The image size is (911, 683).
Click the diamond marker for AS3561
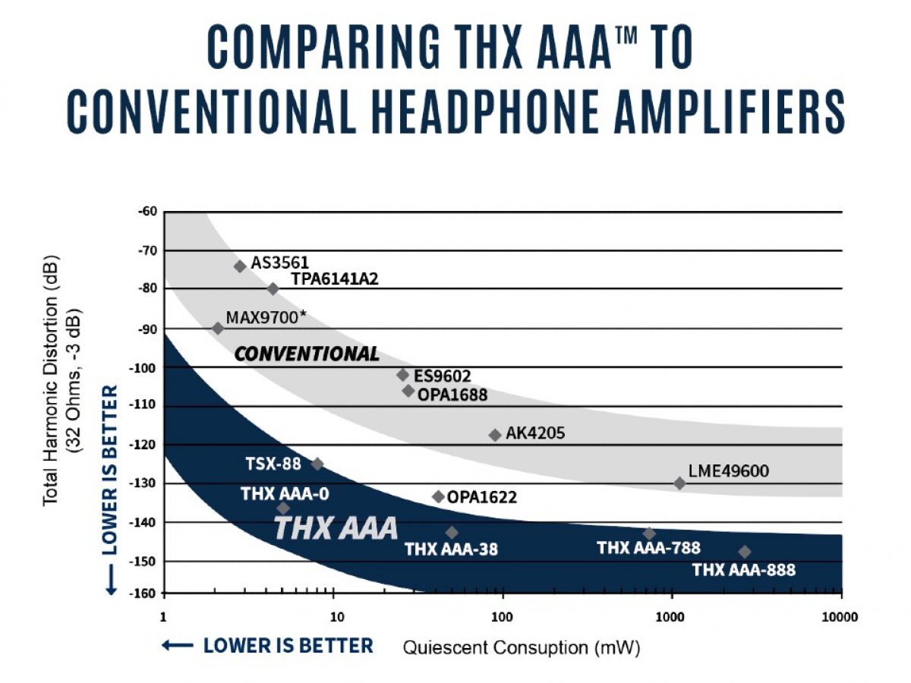click(241, 266)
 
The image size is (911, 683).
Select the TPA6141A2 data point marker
click(273, 288)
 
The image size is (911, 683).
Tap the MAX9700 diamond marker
click(218, 329)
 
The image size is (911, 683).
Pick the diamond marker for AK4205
click(495, 435)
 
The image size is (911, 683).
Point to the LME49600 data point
click(679, 483)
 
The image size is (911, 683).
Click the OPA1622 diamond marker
click(439, 496)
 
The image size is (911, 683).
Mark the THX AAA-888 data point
click(745, 552)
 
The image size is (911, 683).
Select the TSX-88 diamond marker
click(317, 464)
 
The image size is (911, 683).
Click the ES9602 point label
click(443, 376)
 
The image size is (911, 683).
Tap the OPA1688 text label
click(452, 395)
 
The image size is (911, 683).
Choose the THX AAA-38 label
click(452, 549)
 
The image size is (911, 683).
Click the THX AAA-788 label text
click(649, 548)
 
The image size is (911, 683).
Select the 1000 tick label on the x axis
click(670, 618)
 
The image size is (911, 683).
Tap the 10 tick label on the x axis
click(337, 618)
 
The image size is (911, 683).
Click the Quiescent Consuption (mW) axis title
click(522, 647)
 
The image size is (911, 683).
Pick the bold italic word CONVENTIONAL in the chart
click(307, 354)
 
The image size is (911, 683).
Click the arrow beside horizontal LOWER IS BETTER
click(177, 645)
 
